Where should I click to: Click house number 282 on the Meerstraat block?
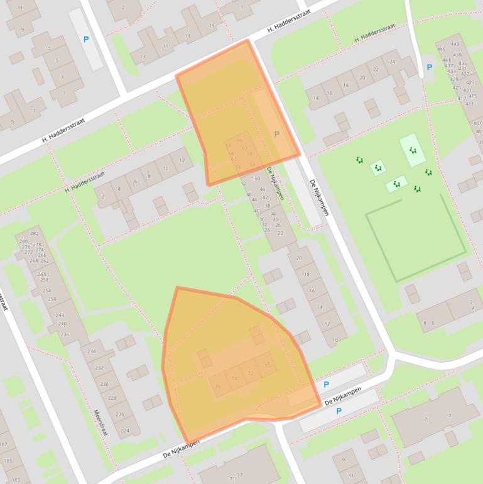(34, 234)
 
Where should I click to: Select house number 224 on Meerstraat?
(125, 431)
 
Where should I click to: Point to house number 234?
(92, 351)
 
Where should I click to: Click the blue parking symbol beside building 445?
(430, 67)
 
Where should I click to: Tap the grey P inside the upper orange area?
(276, 134)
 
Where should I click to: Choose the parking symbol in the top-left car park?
(86, 40)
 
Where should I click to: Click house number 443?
(455, 44)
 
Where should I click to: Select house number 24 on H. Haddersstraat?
(393, 62)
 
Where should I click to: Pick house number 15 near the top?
(212, 26)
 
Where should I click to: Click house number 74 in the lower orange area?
(234, 378)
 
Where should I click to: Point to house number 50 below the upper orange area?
(257, 179)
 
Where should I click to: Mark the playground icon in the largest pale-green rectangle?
(412, 150)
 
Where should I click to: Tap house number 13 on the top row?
(187, 36)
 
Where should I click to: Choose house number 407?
(477, 123)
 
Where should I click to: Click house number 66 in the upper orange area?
(239, 140)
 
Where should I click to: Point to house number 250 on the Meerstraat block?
(52, 299)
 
